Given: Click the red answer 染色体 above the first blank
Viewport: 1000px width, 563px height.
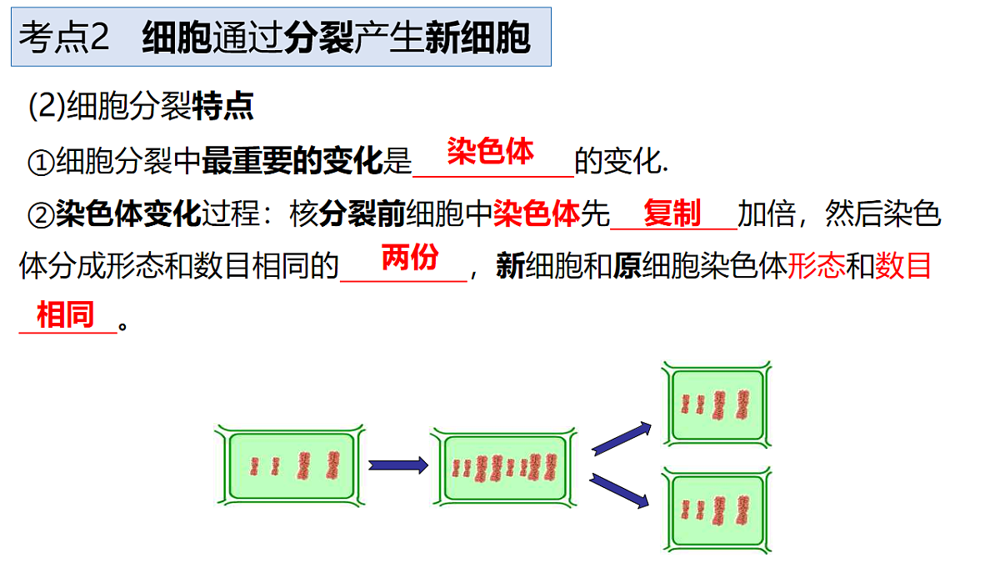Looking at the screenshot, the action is point(490,152).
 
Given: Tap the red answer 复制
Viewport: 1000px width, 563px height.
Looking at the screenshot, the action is point(672,214).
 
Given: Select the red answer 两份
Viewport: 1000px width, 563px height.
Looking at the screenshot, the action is point(410,258).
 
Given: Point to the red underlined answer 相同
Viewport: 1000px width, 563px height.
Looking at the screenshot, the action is point(65,314).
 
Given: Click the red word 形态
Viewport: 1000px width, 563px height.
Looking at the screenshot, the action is point(816,266).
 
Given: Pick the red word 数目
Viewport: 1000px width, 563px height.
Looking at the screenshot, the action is point(902,266).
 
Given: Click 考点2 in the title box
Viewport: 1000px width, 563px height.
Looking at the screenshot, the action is point(64,37).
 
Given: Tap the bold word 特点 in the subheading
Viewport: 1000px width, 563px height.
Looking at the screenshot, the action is point(223,106).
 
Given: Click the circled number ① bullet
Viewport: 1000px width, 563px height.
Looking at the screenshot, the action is point(41,162).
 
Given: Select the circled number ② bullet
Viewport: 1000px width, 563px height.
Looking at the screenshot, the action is point(41,215).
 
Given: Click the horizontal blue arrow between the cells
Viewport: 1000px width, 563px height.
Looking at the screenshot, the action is point(398,465).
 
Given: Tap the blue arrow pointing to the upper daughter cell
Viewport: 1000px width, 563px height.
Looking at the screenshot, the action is point(622,439).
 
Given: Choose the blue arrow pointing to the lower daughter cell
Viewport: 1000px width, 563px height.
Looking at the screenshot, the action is point(619,490).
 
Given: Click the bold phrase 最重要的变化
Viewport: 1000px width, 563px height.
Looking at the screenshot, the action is point(292,161).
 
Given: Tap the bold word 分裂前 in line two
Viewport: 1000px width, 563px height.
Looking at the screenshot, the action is point(362,214).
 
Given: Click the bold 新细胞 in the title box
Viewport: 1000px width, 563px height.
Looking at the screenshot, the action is point(477,37).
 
